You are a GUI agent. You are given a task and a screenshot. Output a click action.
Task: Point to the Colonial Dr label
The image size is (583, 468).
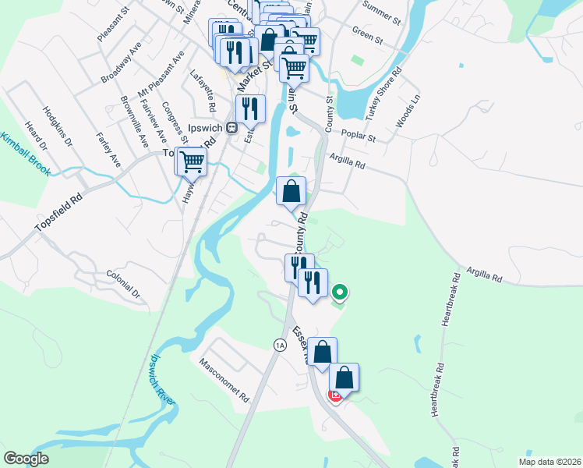point(124,285)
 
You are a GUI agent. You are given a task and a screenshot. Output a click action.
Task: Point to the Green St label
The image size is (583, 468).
point(368,37)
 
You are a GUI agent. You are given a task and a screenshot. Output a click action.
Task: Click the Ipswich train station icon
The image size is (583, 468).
point(231,128)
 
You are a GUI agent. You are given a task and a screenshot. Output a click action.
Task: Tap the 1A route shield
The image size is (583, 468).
point(279,344)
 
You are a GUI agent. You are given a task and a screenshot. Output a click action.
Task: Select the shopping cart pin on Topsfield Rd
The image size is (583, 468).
point(191,162)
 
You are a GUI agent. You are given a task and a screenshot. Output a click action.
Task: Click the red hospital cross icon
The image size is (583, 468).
point(336,395)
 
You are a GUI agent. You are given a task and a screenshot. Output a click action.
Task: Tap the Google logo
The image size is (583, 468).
point(26,459)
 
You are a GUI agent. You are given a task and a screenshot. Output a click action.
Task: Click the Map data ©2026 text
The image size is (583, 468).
point(550,462)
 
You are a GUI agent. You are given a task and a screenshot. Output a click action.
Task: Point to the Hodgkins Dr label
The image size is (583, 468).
point(58,127)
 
